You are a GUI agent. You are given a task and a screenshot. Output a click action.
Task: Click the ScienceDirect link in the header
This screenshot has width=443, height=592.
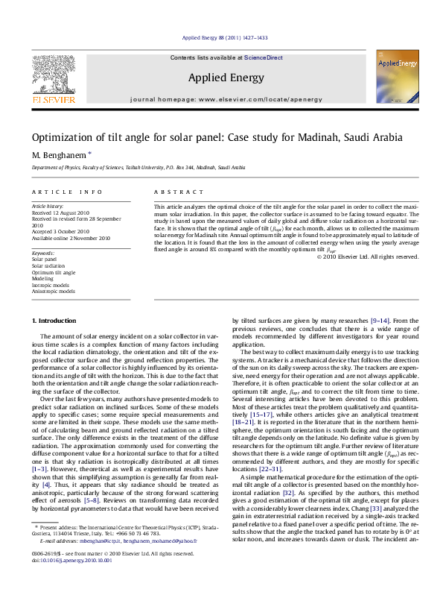click(264, 57)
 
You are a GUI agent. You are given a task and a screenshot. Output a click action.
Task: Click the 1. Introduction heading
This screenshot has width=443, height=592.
click(54, 321)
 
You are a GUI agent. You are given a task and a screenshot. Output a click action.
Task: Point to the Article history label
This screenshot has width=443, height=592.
click(48, 205)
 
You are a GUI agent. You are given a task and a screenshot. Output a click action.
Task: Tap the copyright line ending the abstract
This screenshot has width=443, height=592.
click(368, 256)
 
